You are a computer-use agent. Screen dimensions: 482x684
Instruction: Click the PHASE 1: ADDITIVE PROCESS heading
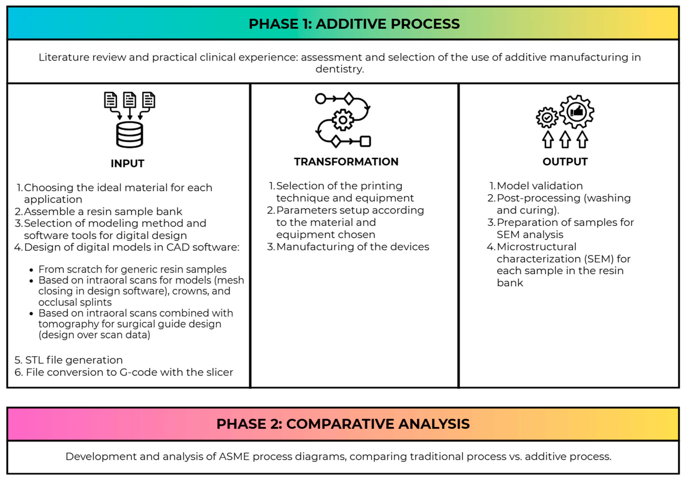pos(354,24)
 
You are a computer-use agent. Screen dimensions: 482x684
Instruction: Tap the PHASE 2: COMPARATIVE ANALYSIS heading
pos(343,424)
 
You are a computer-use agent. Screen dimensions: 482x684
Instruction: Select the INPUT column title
pos(128,164)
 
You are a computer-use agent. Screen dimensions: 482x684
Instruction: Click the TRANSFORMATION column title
pos(346,162)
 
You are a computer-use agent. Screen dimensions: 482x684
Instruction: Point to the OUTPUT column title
pos(565,162)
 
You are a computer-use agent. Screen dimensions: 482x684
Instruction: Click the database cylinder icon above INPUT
pos(130,135)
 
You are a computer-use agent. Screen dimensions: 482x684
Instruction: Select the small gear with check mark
pos(547,118)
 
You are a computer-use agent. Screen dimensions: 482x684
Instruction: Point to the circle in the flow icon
pos(321,99)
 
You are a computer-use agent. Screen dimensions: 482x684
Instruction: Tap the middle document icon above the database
pos(130,100)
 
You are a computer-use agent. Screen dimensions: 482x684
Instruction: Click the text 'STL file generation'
pos(74,360)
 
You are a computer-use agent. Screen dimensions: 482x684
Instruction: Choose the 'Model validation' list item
pos(539,186)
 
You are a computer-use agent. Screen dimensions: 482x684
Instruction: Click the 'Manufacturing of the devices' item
pos(352,247)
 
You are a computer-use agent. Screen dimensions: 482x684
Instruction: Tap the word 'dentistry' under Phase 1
pos(340,69)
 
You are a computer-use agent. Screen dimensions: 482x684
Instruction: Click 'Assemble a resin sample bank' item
pos(103,211)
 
